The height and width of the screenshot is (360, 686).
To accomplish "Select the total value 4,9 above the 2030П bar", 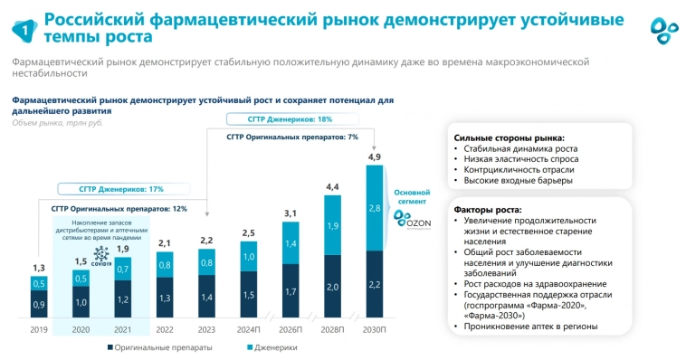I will (374, 158).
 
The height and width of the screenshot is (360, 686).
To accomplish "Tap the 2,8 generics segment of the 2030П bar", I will (374, 209).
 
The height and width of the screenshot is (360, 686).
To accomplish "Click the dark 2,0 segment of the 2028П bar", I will (331, 287).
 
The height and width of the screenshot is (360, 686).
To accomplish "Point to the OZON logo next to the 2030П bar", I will (413, 222).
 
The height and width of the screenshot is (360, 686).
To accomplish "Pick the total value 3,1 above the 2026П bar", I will (290, 213).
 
